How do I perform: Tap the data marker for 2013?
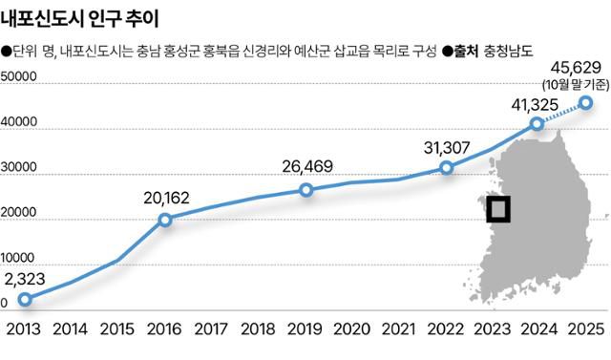tap(25, 299)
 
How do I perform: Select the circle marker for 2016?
tap(165, 220)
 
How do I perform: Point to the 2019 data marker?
tap(305, 190)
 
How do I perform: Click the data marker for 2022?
tap(446, 168)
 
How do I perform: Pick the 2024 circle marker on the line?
tap(537, 123)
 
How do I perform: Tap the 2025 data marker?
tap(585, 102)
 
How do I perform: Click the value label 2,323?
tap(25, 280)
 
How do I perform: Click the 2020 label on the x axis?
tap(352, 329)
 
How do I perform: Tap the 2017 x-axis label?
tap(212, 329)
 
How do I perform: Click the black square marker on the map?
tap(498, 208)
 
